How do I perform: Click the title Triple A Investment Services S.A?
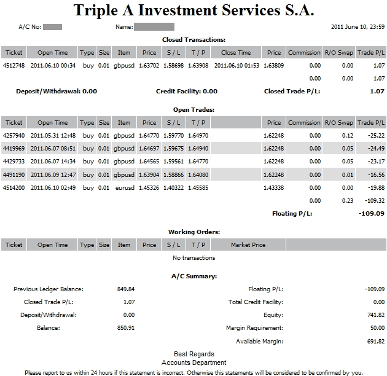[193, 10]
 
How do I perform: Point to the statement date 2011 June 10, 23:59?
[358, 27]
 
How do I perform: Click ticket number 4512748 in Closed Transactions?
[14, 65]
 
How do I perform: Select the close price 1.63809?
[273, 65]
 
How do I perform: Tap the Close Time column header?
[236, 53]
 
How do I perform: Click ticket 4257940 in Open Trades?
[14, 135]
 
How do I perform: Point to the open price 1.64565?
[149, 162]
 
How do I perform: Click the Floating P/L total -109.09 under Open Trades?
[371, 214]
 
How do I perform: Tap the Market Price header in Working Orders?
[248, 245]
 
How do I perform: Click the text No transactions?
[193, 257]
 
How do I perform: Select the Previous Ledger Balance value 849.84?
[125, 289]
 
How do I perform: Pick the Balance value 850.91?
[125, 328]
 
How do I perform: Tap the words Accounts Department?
[193, 362]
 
